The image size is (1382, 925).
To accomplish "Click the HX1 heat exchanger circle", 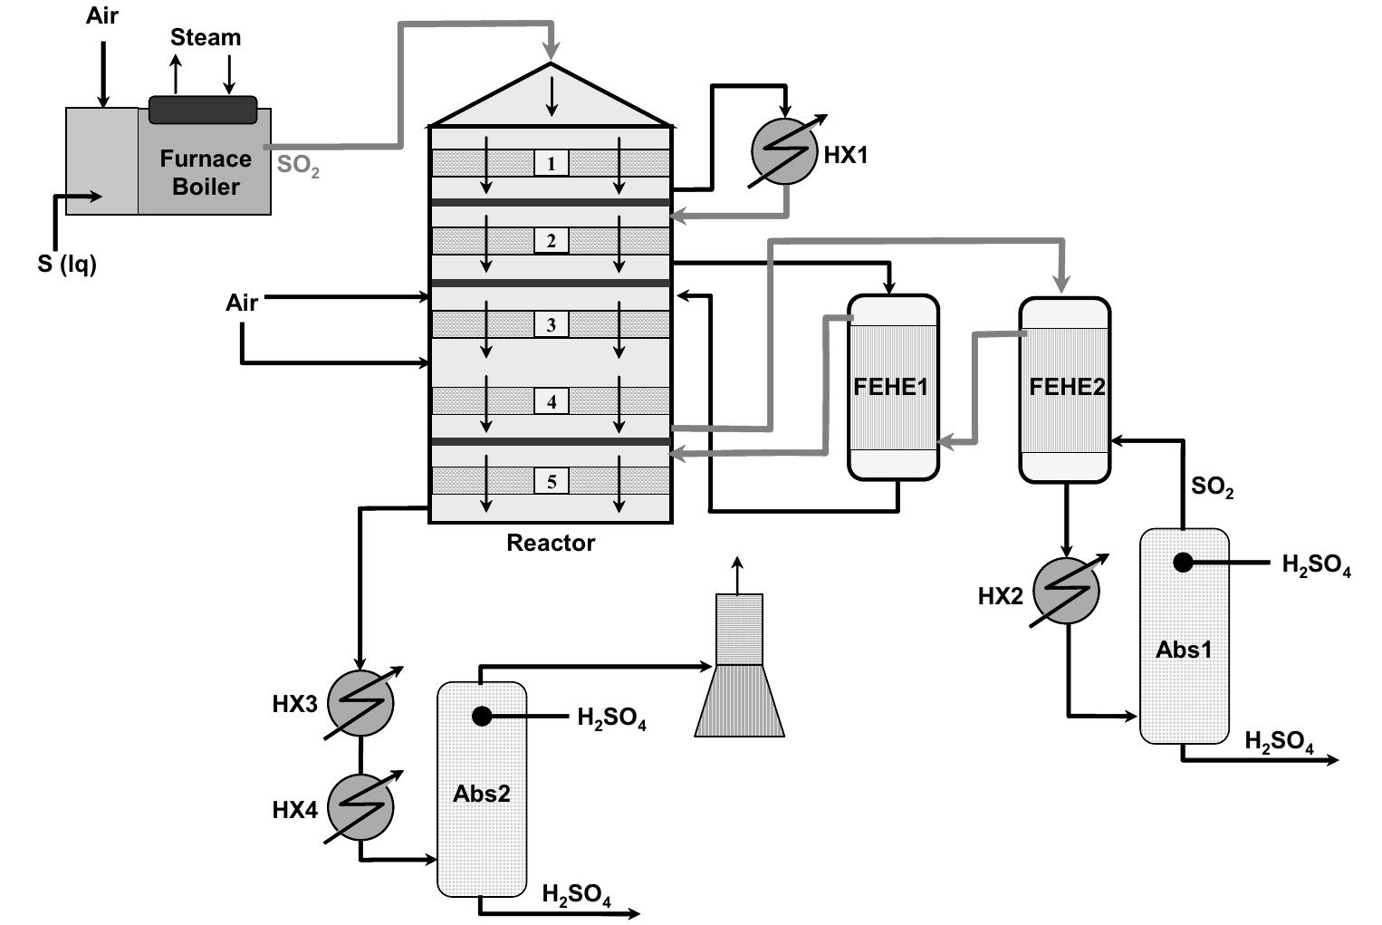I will point(785,152).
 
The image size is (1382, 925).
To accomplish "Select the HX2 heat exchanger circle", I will point(1066,591).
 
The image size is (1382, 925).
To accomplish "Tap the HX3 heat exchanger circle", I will point(360,703).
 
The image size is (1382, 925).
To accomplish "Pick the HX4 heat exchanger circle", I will point(360,807).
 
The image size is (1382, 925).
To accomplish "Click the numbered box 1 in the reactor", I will point(551,163).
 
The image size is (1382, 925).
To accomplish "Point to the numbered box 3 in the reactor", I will point(551,324).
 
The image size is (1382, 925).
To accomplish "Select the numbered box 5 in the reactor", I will point(551,481).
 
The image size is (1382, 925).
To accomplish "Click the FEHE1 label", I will point(891,387).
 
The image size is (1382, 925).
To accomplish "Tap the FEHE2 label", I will point(1067,387).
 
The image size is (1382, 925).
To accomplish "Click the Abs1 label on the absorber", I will point(1184,650).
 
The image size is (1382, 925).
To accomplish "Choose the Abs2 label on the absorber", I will point(481,794).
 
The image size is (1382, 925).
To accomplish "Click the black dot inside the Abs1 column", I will point(1183,562).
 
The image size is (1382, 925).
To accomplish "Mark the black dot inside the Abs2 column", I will point(482,717).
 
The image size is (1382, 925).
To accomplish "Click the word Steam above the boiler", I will point(206,38).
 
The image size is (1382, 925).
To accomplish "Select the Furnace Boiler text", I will point(206,172).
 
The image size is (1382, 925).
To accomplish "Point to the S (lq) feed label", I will point(67,264).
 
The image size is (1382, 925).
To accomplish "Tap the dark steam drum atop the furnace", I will point(203,110).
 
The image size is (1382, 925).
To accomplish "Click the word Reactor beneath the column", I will point(551,543).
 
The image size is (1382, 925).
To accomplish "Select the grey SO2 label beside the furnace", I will point(298,167).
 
